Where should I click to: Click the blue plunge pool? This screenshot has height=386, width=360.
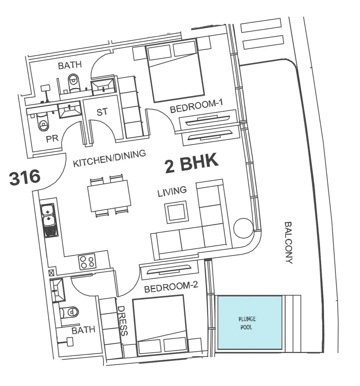(x=249, y=322)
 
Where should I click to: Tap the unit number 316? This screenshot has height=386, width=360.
(x=25, y=177)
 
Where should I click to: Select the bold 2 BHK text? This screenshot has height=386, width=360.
(x=191, y=163)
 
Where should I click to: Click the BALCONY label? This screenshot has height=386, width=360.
(x=289, y=243)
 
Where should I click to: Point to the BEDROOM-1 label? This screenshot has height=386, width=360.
(x=196, y=106)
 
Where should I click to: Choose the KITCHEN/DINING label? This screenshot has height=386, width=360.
(x=109, y=158)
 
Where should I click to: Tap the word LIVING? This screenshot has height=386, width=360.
(x=172, y=191)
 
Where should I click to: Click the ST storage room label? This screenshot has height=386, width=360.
(x=102, y=112)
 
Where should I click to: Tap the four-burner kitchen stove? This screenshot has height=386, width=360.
(x=87, y=262)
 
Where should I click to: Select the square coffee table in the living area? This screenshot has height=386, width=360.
(x=176, y=212)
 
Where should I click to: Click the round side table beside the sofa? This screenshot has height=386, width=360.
(x=244, y=228)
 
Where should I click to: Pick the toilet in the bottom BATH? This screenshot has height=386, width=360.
(x=69, y=312)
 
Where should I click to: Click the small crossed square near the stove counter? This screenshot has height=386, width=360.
(x=51, y=273)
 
